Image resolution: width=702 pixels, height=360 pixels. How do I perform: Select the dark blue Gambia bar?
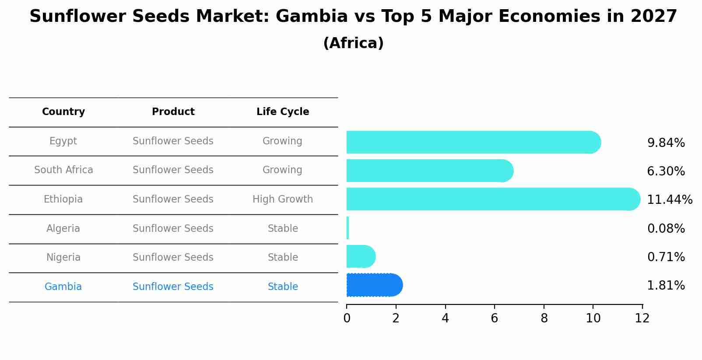point(374,285)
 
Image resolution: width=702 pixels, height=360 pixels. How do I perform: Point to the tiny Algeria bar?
point(347,228)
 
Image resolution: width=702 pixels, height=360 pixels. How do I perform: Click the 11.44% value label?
point(669,200)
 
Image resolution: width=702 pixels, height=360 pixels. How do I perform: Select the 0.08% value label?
point(666,229)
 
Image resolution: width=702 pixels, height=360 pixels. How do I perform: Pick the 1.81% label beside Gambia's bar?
point(666,286)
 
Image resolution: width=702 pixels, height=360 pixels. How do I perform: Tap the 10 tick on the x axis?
point(593,318)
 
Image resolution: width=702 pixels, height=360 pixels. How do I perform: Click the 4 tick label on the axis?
point(445,318)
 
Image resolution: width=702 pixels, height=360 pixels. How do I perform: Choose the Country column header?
point(63,112)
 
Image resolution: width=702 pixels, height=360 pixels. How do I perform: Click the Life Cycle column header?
point(283,112)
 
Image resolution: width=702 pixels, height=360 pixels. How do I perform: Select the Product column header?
point(173,112)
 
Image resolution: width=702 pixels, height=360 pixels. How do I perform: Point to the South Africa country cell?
point(63,170)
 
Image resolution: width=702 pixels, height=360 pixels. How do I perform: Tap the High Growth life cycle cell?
point(283,199)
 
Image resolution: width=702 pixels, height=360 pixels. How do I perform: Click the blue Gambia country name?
point(63,287)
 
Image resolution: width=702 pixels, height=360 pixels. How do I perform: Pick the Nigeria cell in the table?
point(63,257)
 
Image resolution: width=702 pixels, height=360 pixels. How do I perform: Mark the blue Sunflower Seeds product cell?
point(173,287)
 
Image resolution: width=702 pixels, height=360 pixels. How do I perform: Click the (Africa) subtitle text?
point(353,43)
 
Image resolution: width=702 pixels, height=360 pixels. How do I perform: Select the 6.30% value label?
point(666,171)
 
